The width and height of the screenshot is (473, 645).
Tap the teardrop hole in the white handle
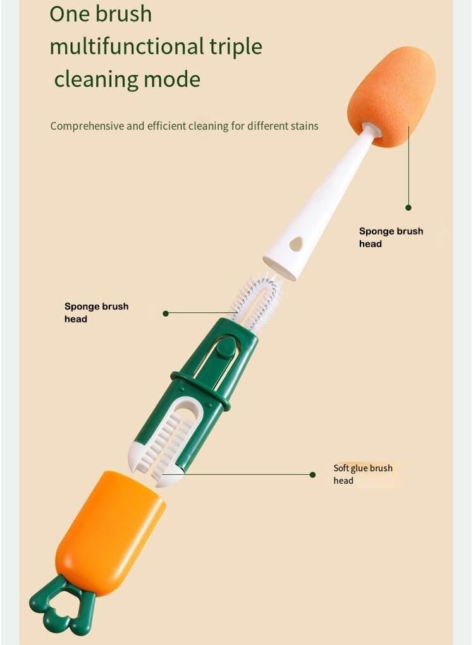point(296,243)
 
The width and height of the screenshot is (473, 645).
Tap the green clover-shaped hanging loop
point(62,608)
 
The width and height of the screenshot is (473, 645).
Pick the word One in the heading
point(68,13)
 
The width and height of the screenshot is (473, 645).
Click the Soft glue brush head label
point(363,474)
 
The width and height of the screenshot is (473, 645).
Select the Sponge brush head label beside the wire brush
point(96,312)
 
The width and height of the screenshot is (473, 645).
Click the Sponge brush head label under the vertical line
point(391,237)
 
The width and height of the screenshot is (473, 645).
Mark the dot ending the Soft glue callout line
point(312,475)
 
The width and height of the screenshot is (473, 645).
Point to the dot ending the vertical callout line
point(408,208)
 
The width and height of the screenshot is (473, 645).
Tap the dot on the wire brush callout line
point(166,314)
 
